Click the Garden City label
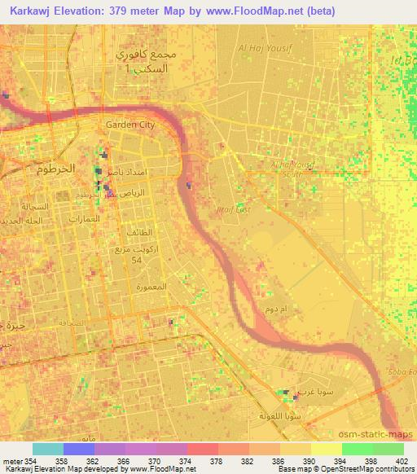[130, 125]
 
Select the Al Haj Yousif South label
[292, 168]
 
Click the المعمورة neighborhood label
[152, 287]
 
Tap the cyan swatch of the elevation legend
[47, 449]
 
